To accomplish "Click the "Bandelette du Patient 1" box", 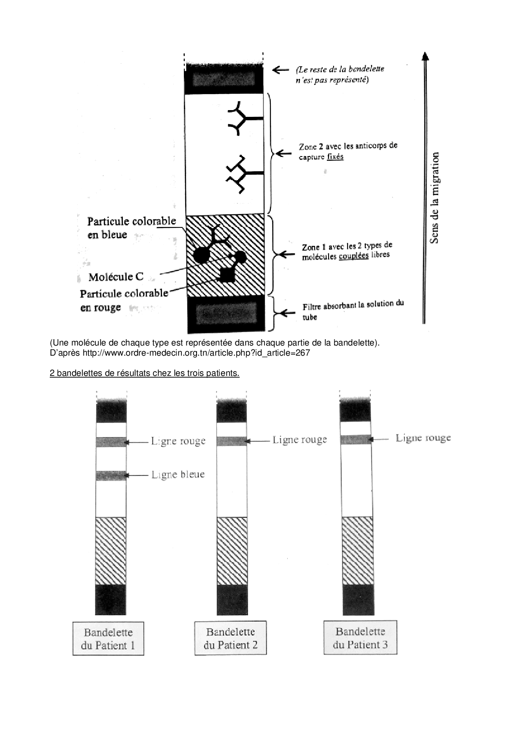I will coord(108,638).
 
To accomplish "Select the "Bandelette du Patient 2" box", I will coord(230,638).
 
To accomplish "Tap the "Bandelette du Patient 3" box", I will coord(360,637).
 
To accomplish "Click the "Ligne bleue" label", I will coord(178,475).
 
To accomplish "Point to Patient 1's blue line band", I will coord(111,475).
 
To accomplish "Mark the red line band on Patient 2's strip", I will coord(232,441).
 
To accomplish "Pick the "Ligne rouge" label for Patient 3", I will coord(423,438).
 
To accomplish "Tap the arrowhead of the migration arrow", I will coord(425,56).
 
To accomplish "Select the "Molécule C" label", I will coord(116,277).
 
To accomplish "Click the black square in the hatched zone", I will coord(227,275).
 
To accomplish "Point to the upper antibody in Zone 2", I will coord(244,119).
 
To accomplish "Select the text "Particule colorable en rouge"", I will coord(124,300).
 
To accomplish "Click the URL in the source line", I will coord(196,353).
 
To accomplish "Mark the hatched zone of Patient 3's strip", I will coord(357,551).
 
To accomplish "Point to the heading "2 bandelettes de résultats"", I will coord(144,373).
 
